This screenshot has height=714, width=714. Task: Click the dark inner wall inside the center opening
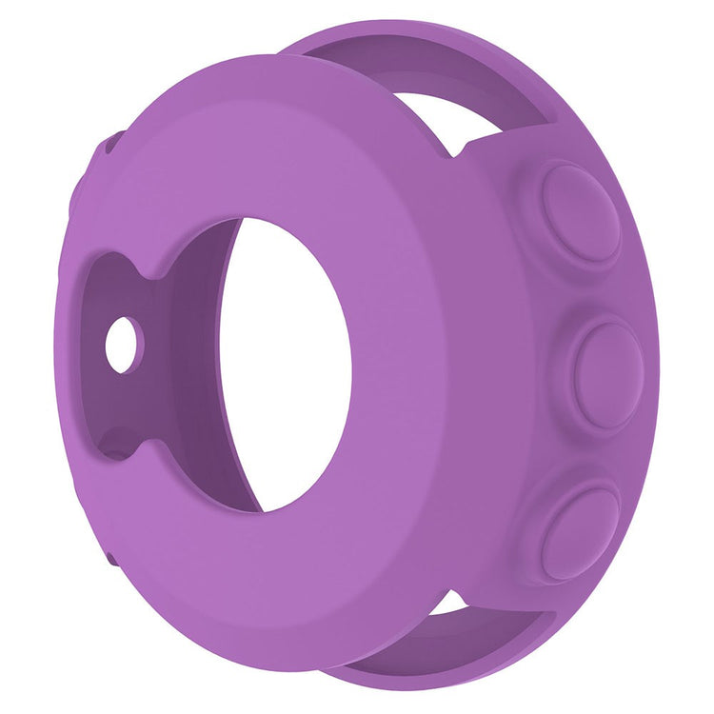click(205, 362)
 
